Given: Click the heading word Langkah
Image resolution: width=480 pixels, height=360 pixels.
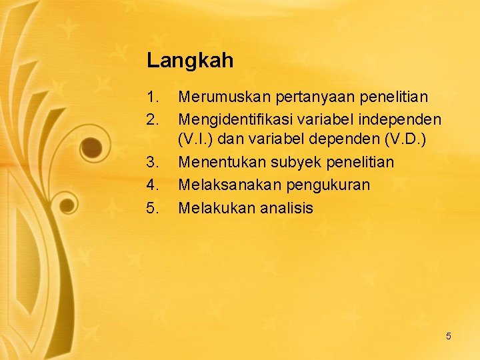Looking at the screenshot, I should click(x=190, y=61).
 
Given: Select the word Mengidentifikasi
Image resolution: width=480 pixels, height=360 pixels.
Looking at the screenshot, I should click(x=232, y=121).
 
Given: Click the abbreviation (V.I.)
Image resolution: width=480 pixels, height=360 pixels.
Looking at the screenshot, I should click(x=195, y=141).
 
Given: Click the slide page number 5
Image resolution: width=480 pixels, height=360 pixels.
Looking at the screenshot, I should click(x=448, y=336).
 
